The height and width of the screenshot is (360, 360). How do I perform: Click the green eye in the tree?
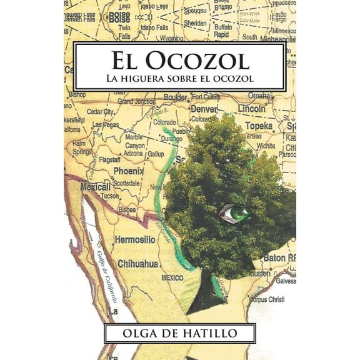pyautogui.click(x=236, y=213)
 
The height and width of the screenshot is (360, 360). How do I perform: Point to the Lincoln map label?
pyautogui.click(x=252, y=109)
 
